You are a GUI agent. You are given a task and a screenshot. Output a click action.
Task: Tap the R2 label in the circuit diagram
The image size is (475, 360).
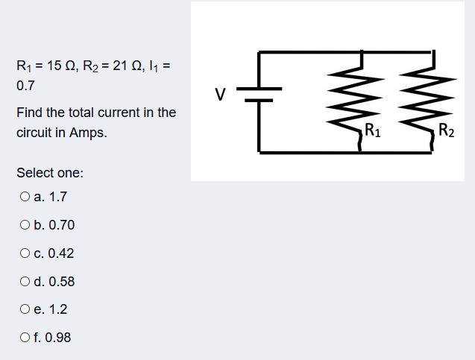pos(446,133)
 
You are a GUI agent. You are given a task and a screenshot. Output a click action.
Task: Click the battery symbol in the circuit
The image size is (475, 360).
pos(258,95)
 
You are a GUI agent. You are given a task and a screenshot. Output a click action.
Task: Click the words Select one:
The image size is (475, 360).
pos(50,173)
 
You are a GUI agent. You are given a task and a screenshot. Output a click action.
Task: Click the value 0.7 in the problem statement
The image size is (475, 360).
pos(25,86)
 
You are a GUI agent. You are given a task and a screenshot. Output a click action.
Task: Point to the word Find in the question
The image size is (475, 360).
pos(29,113)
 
